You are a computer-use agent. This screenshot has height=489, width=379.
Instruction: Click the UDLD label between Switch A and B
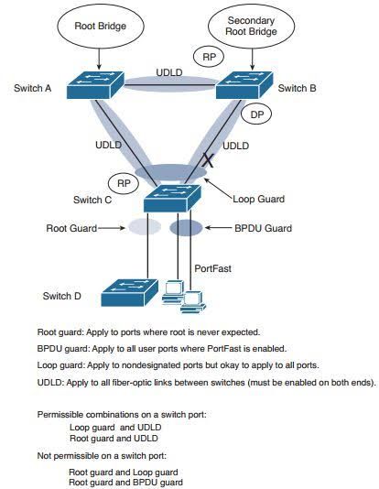[x=169, y=71]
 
